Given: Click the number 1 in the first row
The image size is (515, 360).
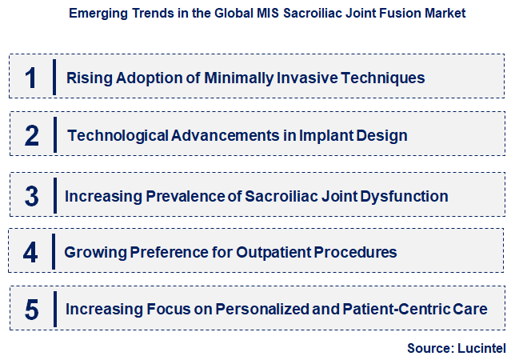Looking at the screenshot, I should (x=31, y=78).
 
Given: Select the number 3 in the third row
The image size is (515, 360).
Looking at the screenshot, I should (x=31, y=196).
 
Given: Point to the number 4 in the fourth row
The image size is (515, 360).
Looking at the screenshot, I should (x=30, y=253).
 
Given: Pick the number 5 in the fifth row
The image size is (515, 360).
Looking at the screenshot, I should (x=31, y=310).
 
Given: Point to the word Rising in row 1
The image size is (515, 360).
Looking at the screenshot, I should (x=86, y=78).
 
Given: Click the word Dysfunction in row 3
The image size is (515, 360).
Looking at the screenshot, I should (x=405, y=196).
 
